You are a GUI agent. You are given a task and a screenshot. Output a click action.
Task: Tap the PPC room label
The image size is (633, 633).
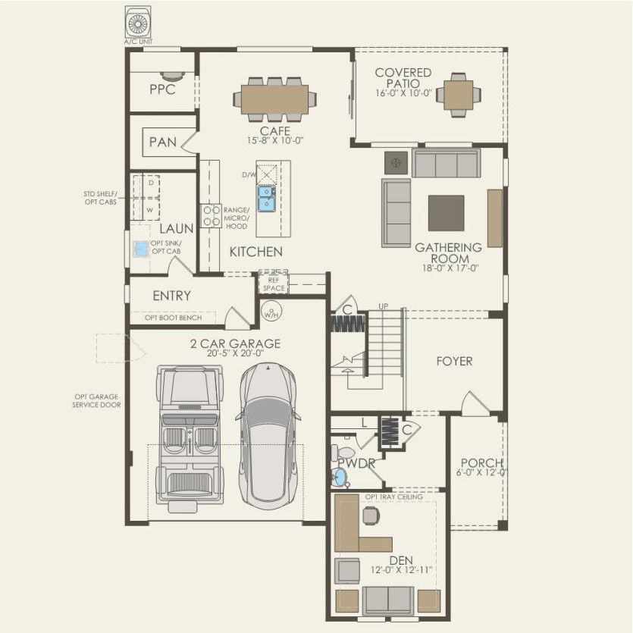tap(162, 89)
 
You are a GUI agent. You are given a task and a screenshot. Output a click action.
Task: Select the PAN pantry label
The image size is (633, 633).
tap(163, 142)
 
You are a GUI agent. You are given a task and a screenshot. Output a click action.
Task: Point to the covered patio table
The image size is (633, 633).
tap(458, 95)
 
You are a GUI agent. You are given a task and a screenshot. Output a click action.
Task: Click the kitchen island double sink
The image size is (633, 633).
tap(267, 199)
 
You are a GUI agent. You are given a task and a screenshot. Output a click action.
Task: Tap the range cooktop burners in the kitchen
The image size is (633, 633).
tap(210, 215)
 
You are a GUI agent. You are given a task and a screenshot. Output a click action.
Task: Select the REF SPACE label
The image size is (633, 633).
tap(273, 284)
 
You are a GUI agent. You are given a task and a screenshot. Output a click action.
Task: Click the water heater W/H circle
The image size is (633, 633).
tap(271, 310)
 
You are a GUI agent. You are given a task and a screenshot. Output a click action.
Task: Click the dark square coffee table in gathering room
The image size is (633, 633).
tap(446, 213)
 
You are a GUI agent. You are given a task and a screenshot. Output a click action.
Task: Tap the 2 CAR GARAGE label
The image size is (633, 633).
tap(235, 343)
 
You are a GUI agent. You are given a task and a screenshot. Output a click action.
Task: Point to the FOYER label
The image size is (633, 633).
tap(453, 361)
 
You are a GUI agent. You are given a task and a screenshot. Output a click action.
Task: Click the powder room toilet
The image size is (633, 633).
tap(340, 475)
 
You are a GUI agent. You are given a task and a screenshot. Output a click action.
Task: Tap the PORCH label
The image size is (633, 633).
tap(482, 463)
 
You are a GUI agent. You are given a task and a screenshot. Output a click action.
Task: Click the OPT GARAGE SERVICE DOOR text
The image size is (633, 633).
tap(96, 400)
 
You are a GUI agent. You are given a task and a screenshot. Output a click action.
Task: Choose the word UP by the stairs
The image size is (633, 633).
tap(384, 306)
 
